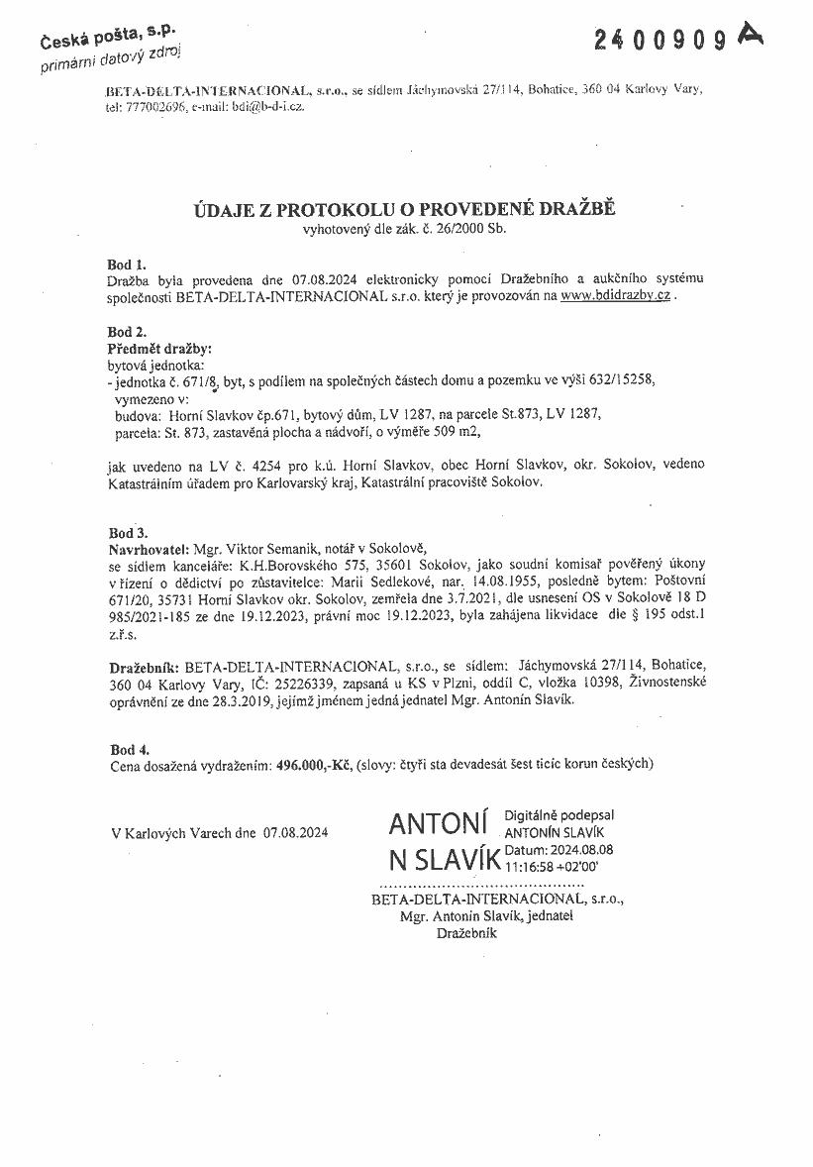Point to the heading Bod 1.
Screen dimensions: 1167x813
click(x=126, y=265)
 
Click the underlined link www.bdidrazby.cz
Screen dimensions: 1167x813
click(x=616, y=295)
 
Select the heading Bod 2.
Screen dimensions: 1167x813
click(x=126, y=333)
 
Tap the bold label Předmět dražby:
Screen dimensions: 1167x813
click(x=159, y=349)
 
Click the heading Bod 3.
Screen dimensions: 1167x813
click(x=126, y=532)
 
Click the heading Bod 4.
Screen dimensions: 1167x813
click(x=126, y=749)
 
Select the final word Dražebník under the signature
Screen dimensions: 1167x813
click(x=465, y=932)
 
